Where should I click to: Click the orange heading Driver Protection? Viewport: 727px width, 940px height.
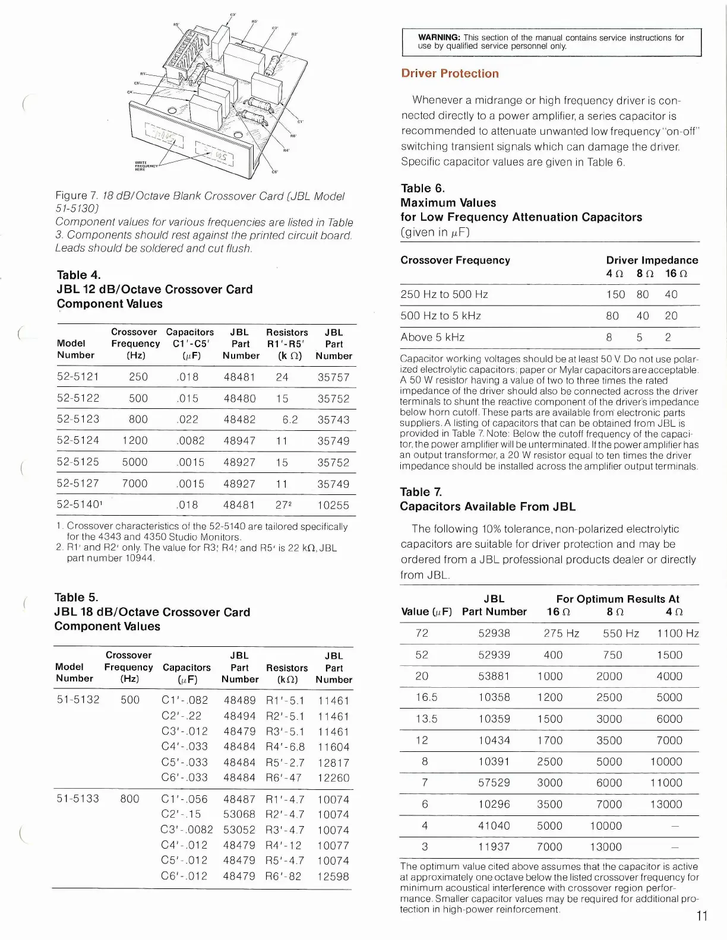click(x=450, y=74)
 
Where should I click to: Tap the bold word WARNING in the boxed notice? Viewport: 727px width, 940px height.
click(x=439, y=38)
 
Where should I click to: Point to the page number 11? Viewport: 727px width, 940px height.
click(x=701, y=916)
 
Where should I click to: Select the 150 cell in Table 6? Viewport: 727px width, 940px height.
click(x=615, y=294)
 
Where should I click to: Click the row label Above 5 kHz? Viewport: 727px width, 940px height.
click(x=432, y=337)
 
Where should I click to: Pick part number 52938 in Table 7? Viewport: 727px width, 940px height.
click(x=494, y=633)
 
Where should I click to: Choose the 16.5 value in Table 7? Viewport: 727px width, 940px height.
click(x=426, y=697)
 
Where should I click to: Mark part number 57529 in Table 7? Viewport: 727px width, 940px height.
click(x=494, y=783)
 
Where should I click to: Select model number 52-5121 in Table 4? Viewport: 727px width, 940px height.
click(x=78, y=377)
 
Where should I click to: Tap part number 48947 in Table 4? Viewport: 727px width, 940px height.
click(x=239, y=441)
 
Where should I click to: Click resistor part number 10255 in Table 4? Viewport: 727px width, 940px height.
click(x=333, y=506)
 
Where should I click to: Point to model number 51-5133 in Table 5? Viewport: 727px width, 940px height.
click(x=78, y=799)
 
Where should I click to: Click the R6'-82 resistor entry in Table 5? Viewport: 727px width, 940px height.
click(x=283, y=876)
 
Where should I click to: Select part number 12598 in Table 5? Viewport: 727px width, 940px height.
click(x=333, y=877)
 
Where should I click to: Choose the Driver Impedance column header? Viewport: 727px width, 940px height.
click(x=652, y=260)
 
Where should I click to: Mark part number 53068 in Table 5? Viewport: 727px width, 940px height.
click(x=239, y=814)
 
